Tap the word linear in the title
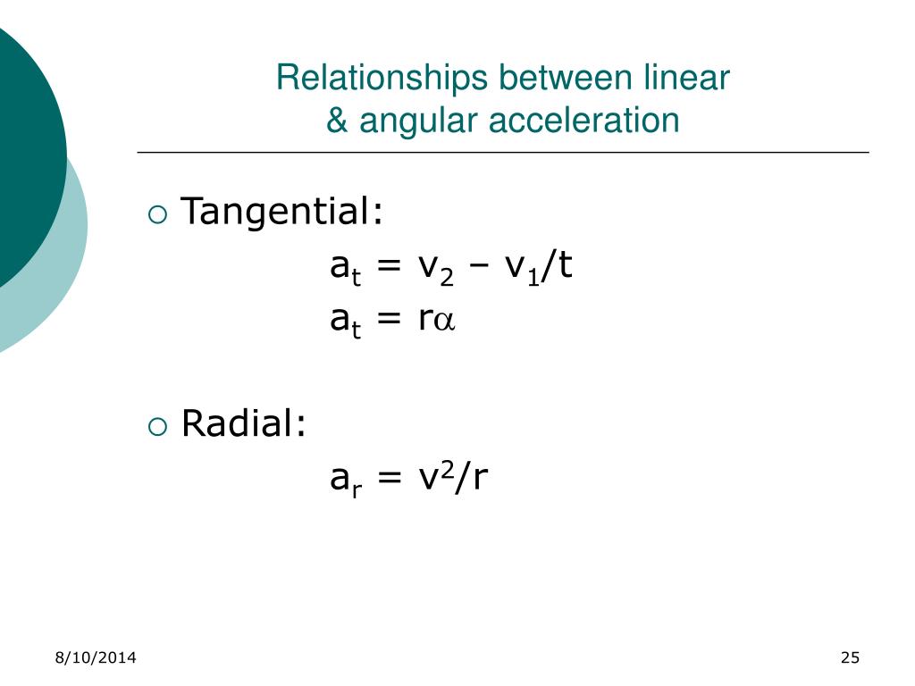point(686,79)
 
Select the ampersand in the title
point(337,120)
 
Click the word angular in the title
point(416,121)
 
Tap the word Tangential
point(281,213)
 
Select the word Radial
point(243,423)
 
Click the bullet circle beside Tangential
point(156,214)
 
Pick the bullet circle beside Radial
point(156,425)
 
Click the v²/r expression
point(453,479)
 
